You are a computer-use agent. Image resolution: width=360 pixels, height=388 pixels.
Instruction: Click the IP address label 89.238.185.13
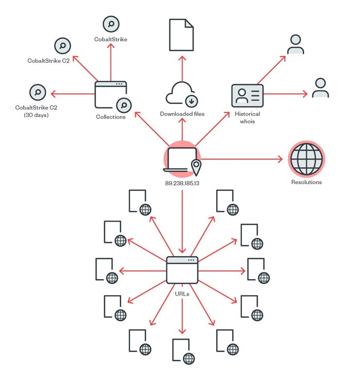182,183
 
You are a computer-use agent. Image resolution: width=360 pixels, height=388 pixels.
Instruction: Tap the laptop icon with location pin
182,160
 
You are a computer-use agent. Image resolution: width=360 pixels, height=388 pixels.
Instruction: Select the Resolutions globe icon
306,159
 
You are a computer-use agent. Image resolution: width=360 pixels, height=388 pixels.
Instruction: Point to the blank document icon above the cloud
181,35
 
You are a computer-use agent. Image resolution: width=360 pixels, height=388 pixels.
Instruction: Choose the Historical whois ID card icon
248,95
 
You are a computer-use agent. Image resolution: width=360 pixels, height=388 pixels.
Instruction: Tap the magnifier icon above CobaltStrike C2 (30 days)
37,92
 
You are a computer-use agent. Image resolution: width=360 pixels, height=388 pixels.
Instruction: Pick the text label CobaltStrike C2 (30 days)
36,111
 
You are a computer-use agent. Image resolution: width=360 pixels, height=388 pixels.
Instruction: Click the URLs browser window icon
182,270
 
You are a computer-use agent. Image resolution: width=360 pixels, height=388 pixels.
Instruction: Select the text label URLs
182,294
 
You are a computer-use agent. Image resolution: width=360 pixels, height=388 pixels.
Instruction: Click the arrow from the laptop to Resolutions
242,159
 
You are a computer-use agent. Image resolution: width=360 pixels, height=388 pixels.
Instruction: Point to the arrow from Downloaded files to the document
182,69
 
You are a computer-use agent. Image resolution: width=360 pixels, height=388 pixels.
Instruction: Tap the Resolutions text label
306,182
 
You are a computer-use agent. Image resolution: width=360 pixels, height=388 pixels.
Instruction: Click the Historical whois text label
248,118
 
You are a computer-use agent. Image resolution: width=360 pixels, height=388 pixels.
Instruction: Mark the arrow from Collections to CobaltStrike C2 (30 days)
73,94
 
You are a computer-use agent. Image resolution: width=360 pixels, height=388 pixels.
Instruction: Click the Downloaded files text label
182,114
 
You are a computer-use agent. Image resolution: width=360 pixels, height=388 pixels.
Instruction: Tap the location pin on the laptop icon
196,167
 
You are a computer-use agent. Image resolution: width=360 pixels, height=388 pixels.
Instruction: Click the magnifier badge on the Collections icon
124,105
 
